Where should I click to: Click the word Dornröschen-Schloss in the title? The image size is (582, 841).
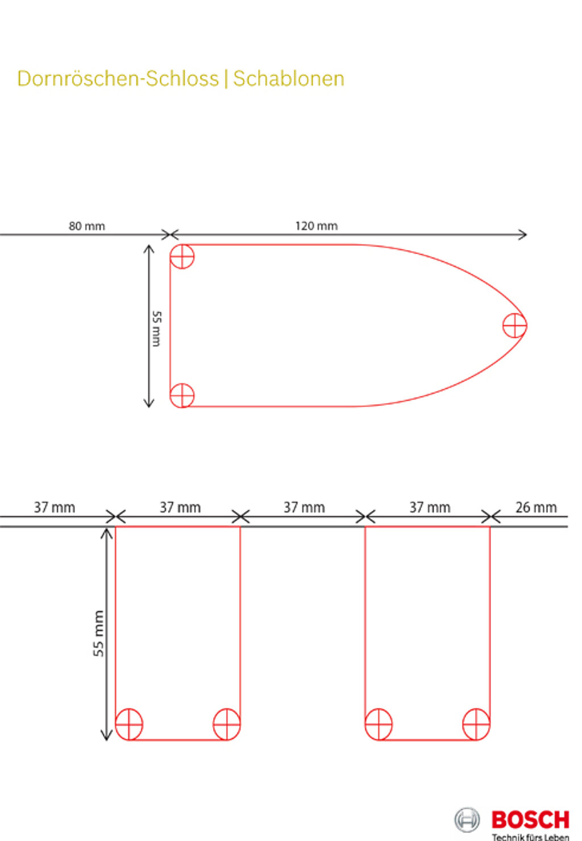click(118, 78)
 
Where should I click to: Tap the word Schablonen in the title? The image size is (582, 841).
click(289, 78)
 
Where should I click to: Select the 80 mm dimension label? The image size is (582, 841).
click(87, 226)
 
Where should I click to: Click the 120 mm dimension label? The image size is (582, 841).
click(317, 226)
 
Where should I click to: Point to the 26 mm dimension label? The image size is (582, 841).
click(536, 507)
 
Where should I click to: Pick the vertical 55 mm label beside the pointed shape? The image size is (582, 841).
click(156, 328)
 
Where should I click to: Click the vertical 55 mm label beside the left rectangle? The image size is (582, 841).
click(98, 633)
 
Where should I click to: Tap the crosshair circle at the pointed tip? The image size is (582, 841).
click(515, 325)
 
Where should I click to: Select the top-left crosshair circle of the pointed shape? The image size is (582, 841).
click(182, 256)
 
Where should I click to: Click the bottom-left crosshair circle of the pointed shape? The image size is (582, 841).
click(182, 395)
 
